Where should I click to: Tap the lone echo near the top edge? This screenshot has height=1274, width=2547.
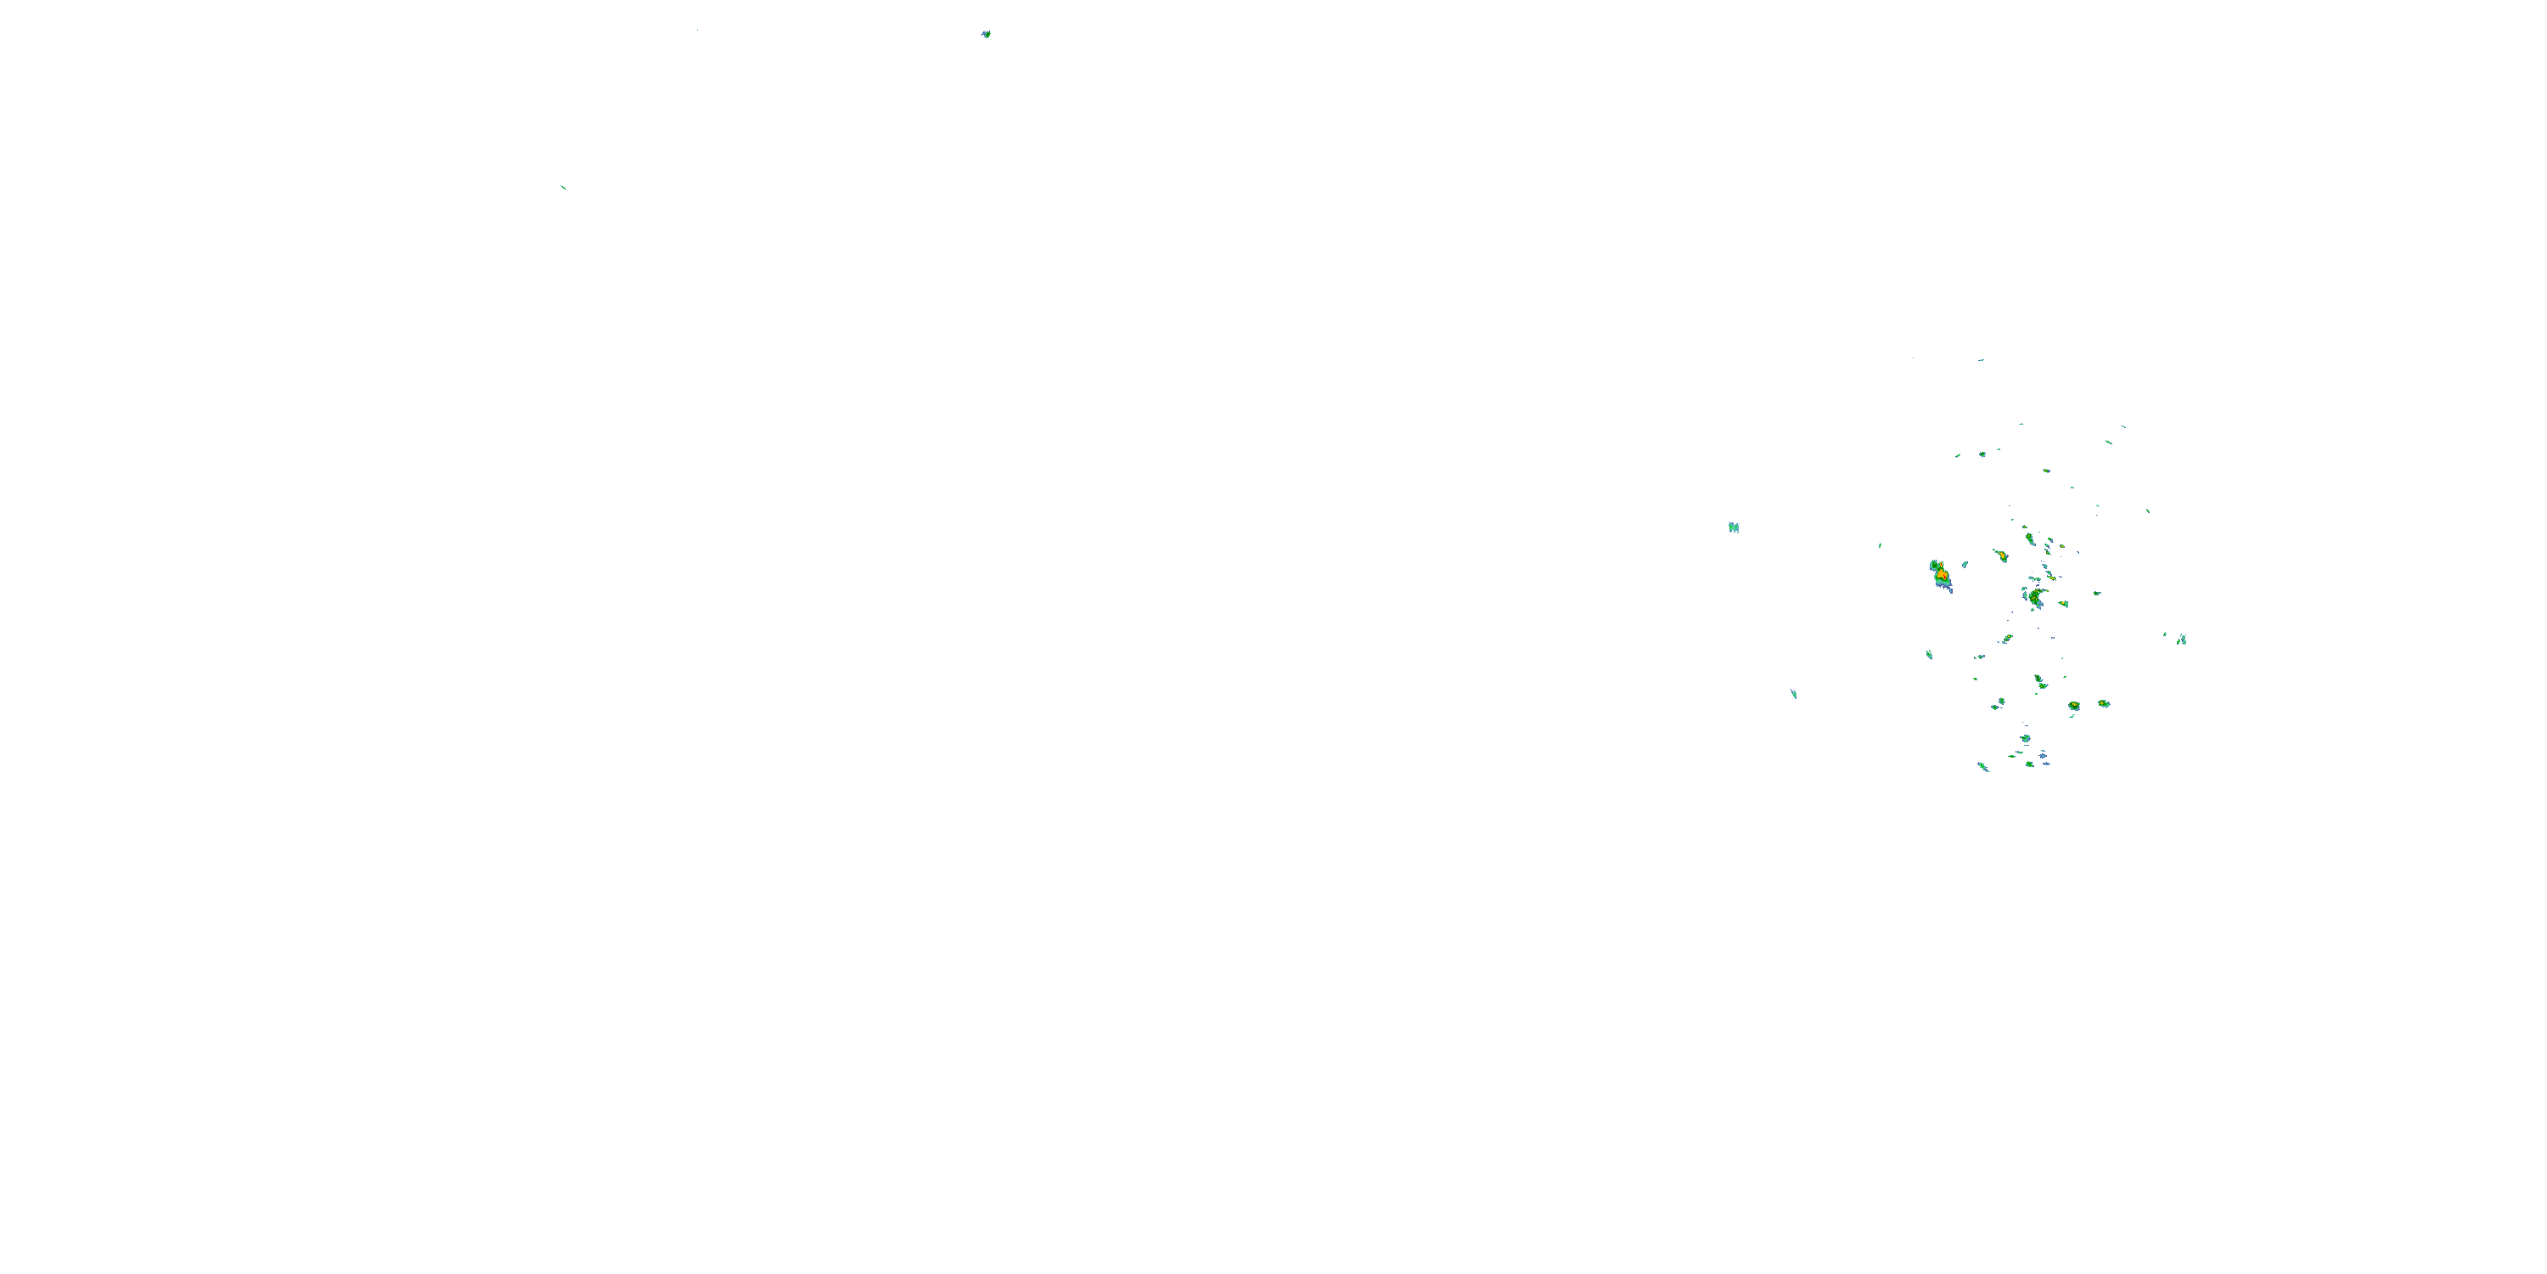coord(986,35)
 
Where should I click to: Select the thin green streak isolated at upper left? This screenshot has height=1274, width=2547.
coord(563,186)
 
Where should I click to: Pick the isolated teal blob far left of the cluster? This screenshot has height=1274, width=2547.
coord(1734,527)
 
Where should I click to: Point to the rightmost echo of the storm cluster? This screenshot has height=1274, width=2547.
coord(2181,640)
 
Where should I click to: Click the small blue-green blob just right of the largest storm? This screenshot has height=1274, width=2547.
coord(1965,565)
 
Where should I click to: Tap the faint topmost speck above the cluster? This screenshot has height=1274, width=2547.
coord(1981,360)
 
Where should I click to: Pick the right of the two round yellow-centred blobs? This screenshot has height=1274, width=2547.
coord(2104,703)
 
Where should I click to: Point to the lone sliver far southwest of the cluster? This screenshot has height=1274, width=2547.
coord(1794,695)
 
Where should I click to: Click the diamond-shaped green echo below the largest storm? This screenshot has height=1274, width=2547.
coord(1929,655)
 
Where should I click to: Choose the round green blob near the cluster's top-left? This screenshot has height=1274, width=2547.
coord(1982,454)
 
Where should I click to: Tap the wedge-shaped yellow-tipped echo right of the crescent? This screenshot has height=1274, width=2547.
coord(2064,603)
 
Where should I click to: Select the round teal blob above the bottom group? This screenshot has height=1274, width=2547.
coord(2025,738)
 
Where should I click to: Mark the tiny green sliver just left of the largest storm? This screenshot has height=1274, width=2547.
coord(1880,545)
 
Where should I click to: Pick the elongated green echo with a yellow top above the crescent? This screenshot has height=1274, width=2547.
coord(2029,539)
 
